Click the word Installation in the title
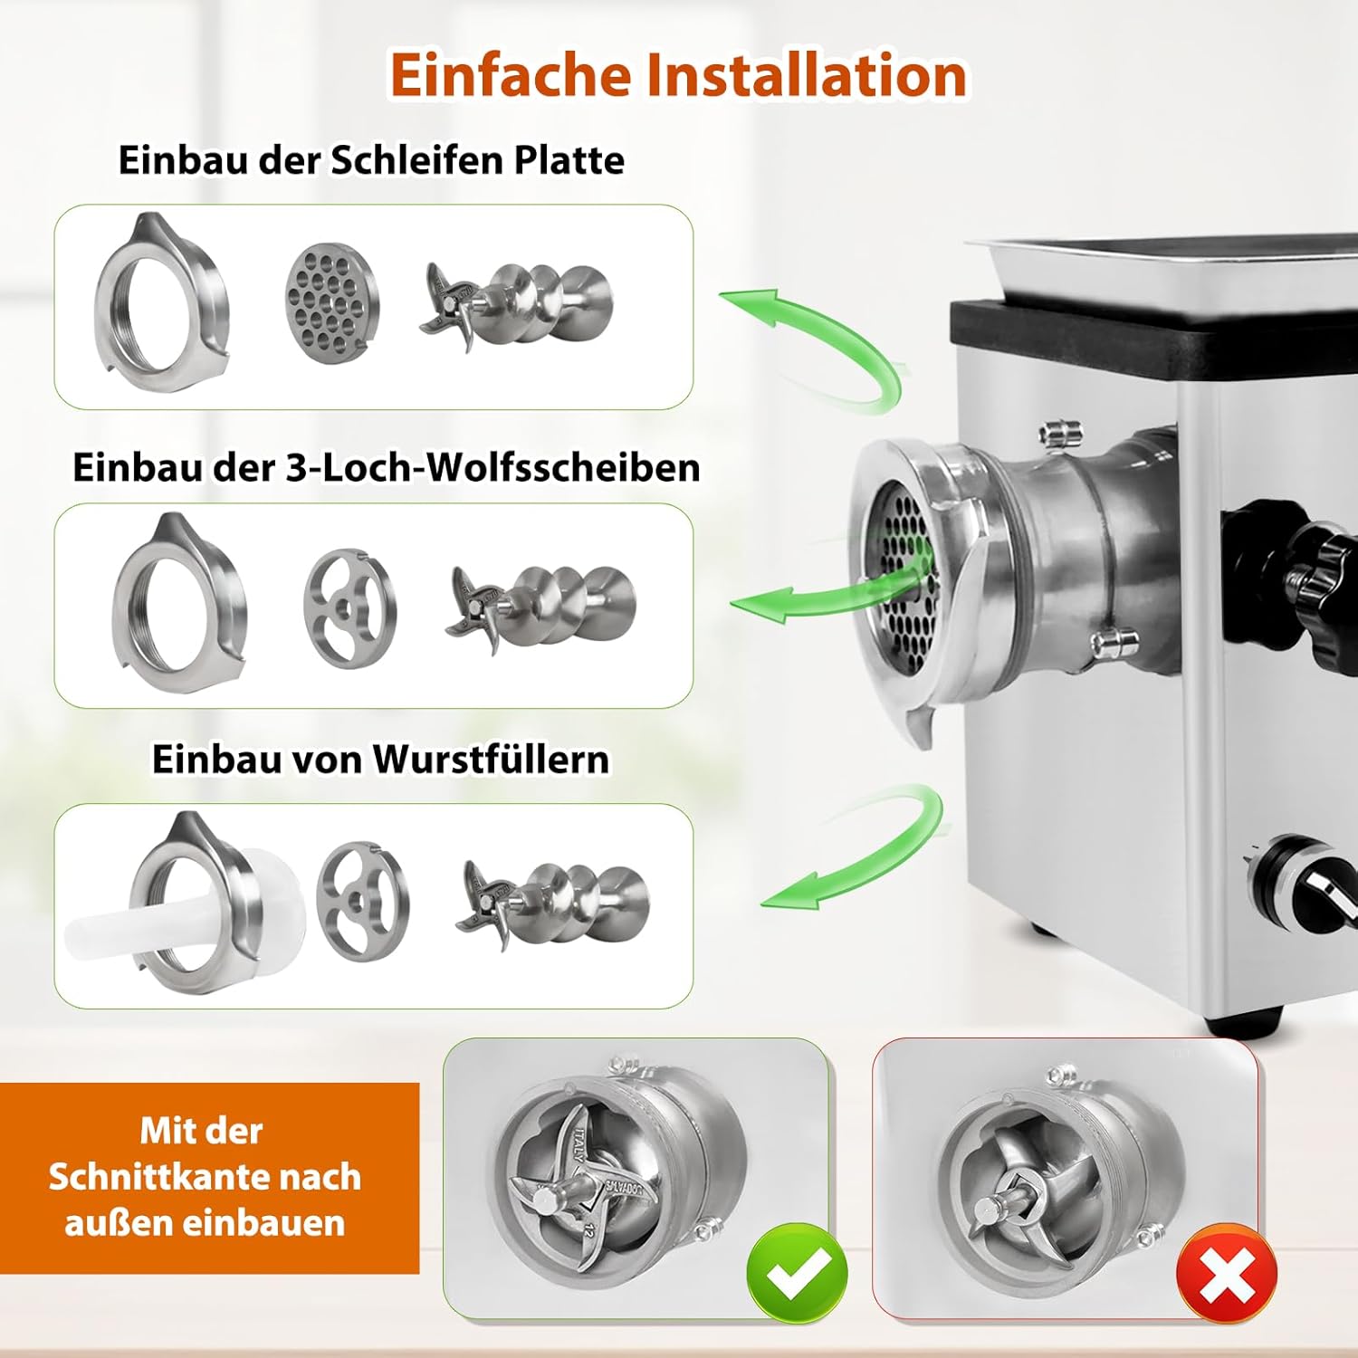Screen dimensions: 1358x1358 pos(807,74)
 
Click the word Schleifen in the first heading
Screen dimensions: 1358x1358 pos(417,160)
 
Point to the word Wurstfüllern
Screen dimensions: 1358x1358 pos(492,758)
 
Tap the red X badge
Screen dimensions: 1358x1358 pos(1227,1275)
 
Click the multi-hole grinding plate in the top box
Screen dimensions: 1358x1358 pos(331,302)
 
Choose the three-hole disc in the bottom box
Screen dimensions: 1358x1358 pos(362,900)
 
